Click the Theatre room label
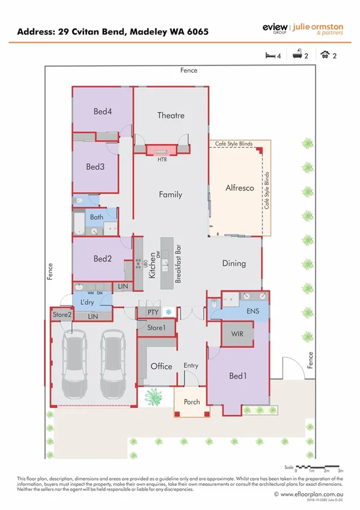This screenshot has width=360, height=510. click(x=170, y=115)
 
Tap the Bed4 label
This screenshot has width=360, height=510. click(x=102, y=111)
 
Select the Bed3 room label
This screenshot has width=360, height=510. click(x=96, y=167)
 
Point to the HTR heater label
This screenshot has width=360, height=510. click(x=162, y=160)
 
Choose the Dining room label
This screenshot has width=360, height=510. click(x=234, y=263)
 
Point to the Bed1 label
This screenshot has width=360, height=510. click(x=238, y=376)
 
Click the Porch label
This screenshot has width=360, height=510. click(x=192, y=402)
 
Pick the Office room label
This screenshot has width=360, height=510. click(x=161, y=366)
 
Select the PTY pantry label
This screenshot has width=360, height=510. click(x=153, y=312)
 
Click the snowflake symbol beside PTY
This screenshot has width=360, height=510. click(x=169, y=312)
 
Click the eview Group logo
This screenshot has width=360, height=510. click(x=275, y=28)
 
